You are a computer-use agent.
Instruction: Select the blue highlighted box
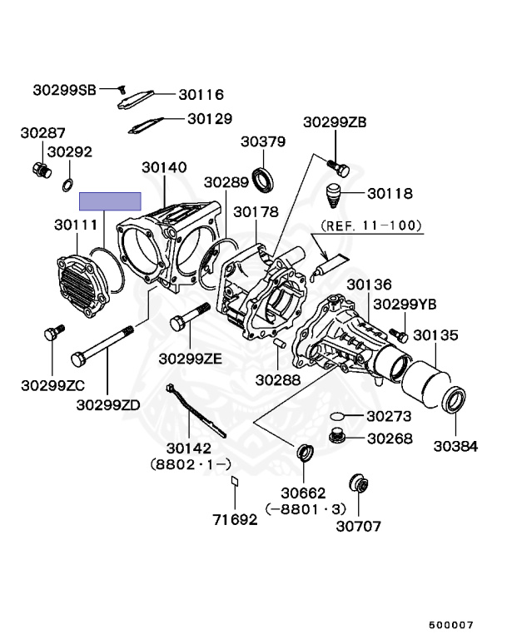[110, 201]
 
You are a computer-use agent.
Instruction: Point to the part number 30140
[164, 167]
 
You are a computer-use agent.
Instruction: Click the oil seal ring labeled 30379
[266, 179]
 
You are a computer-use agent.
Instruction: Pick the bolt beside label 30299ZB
[336, 168]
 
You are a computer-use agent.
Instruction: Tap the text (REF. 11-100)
[371, 225]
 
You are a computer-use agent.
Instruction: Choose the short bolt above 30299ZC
[51, 334]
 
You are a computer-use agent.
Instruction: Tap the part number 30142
[189, 448]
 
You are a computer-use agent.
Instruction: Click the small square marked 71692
[235, 480]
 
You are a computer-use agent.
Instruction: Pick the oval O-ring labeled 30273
[337, 414]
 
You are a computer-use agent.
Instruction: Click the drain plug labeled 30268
[337, 435]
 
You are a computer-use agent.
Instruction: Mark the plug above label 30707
[358, 483]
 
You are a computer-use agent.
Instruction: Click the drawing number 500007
[451, 623]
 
